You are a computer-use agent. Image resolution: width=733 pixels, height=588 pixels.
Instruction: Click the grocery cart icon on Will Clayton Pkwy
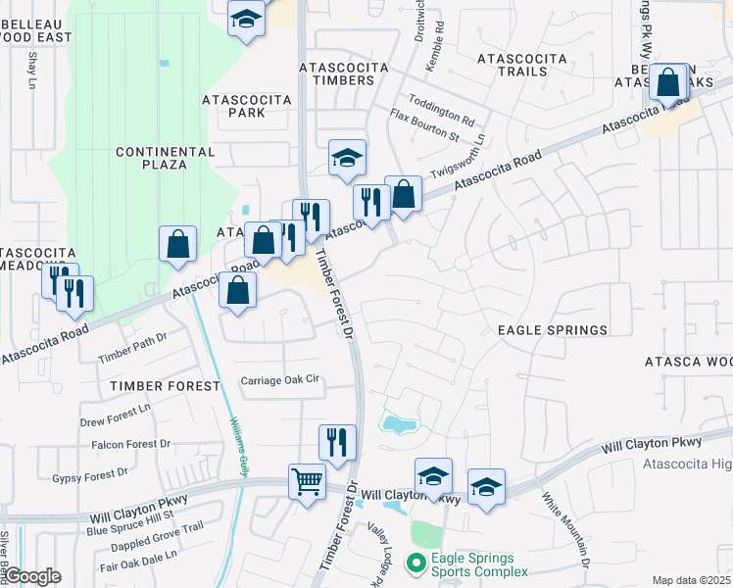[x=307, y=482]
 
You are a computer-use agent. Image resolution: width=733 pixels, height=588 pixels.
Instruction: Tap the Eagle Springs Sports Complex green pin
[x=416, y=562]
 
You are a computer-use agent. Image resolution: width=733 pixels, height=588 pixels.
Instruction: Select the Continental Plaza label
[x=151, y=158]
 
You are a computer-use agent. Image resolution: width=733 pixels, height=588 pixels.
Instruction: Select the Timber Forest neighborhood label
[x=165, y=386]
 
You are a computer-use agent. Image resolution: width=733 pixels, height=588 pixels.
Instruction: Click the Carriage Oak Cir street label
[x=281, y=380]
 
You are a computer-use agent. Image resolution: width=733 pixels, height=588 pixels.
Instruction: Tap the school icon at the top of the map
[x=246, y=18]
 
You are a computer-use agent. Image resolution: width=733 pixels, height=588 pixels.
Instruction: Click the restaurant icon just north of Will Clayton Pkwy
[x=336, y=441]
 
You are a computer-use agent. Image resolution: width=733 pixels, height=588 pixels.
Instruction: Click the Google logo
[x=32, y=576]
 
